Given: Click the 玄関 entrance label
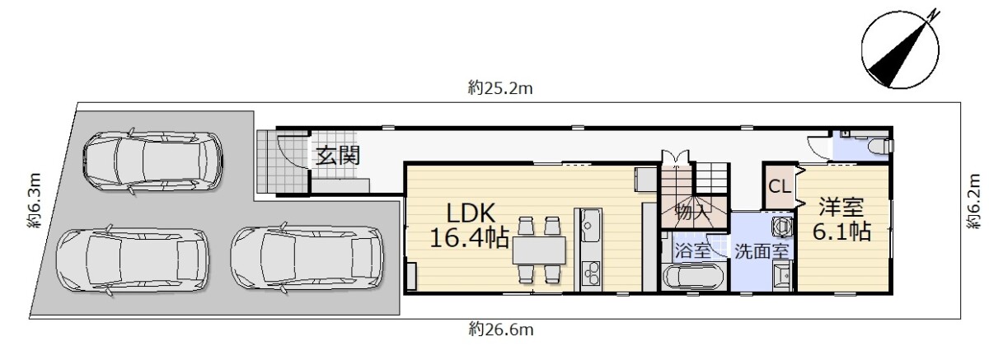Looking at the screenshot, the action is coord(338,156).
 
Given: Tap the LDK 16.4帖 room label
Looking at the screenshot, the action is coord(470,226).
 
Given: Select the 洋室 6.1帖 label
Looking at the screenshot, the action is coord(841,219).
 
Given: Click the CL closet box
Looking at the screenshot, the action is coord(780,187).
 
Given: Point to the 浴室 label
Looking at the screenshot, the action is coord(693,250).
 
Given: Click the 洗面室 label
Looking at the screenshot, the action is coord(762,251).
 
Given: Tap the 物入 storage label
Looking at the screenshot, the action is coord(693,213).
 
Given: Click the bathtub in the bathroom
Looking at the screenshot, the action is coord(694,277).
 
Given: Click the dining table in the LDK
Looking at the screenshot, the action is coord(539,250).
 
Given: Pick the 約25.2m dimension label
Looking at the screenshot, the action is coord(500,88).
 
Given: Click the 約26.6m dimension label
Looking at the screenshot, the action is coord(501,330).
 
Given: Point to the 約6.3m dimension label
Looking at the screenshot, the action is coord(35,201).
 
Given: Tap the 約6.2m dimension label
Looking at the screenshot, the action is coord(973,202).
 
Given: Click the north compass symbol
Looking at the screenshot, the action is coord(901,50).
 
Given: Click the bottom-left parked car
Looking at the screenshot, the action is coord(133,260).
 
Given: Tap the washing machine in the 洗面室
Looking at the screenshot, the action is coord(781,226).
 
